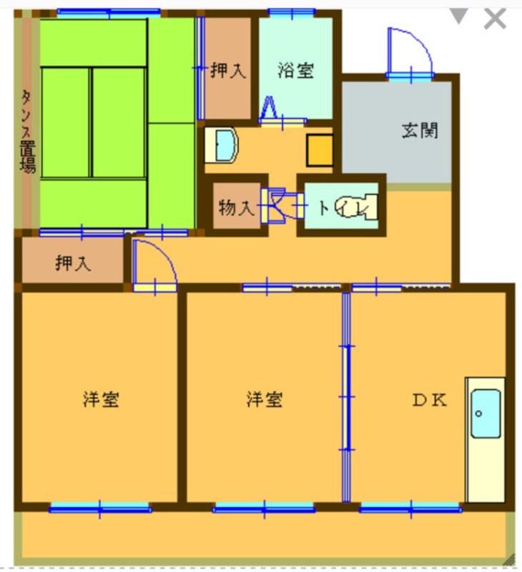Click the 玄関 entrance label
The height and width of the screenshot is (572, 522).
point(419,131)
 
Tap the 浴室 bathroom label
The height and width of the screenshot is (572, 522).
point(295,70)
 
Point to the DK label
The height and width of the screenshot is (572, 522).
point(429,400)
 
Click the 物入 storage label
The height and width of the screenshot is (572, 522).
point(236,209)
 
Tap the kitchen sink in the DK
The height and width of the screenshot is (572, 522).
point(485,413)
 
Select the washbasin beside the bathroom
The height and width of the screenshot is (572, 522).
point(225,145)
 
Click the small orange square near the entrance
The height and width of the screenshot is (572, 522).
point(320,149)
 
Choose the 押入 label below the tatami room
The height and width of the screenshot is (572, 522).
point(73,263)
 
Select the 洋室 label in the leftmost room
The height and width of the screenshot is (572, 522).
point(100,399)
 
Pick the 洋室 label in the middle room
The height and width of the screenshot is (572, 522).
point(265,399)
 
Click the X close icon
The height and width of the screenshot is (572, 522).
point(495,19)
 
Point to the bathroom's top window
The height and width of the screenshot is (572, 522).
point(292,12)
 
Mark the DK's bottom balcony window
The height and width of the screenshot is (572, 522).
point(410,508)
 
